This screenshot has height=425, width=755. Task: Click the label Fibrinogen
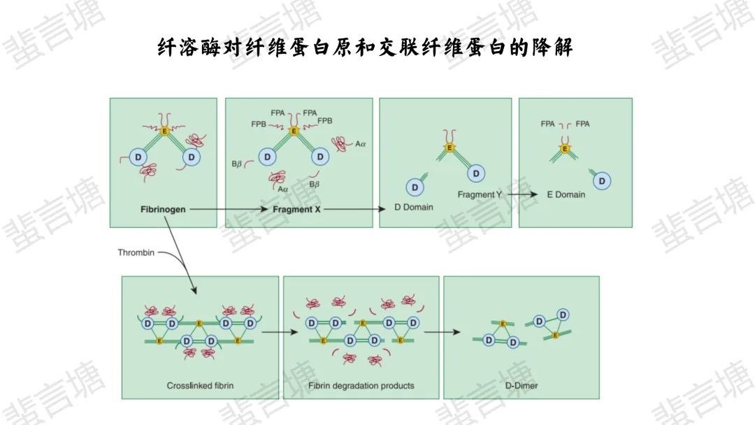tap(162, 209)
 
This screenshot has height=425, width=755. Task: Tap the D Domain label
tap(414, 207)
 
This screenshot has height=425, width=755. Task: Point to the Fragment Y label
tap(480, 194)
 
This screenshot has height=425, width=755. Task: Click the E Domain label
tap(566, 194)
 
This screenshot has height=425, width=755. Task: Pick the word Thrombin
tap(136, 252)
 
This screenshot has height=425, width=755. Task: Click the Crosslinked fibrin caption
tap(200, 385)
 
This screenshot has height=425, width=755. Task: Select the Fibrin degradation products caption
tap(361, 385)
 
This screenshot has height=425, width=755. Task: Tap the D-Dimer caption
tap(522, 385)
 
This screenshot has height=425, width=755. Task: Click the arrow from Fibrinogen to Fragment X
tap(228, 209)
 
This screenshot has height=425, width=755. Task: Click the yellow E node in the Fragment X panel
tap(294, 131)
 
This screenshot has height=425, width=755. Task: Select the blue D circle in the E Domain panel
tap(602, 181)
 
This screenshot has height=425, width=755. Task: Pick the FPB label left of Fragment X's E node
tap(259, 124)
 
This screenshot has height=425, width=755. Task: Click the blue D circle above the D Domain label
tap(415, 187)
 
